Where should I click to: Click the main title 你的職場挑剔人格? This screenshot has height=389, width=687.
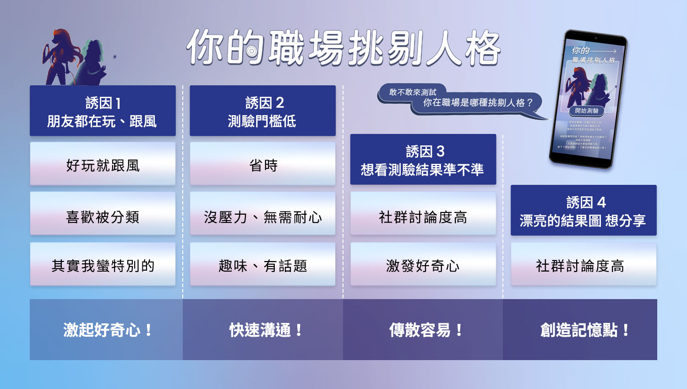tap(343, 48)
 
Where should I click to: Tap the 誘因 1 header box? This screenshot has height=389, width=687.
tap(103, 111)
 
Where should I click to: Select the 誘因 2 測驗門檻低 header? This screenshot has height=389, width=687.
tap(262, 111)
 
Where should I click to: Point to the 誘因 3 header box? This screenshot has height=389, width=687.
tap(423, 160)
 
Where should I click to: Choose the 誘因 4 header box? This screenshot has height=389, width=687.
tap(583, 211)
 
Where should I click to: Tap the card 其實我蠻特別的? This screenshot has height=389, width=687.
tap(103, 265)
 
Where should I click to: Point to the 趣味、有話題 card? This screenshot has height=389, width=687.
tap(262, 265)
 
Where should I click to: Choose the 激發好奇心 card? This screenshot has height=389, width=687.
tap(423, 265)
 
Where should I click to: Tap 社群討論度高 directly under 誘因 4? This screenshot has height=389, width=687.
tap(583, 265)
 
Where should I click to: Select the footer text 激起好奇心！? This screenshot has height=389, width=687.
tap(108, 330)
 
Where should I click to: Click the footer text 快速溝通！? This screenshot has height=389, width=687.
tap(266, 330)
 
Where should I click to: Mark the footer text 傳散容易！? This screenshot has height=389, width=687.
tap(426, 330)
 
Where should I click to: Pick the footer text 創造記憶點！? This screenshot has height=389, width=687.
tap(585, 330)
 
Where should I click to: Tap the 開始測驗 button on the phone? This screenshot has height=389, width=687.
tap(587, 111)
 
